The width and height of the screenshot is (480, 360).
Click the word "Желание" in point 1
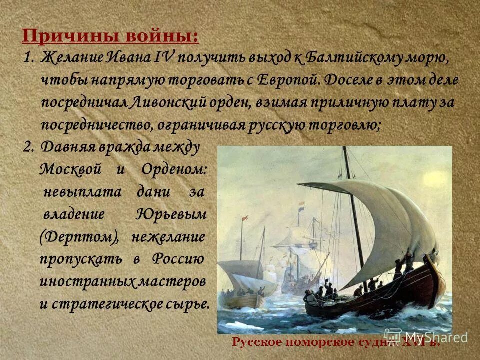click(x=72, y=57)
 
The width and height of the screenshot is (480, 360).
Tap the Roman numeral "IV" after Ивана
click(x=165, y=57)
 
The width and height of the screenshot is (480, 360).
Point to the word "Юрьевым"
click(x=170, y=214)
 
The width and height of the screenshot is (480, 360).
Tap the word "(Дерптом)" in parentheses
click(x=79, y=237)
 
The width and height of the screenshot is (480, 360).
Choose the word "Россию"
click(x=178, y=259)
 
